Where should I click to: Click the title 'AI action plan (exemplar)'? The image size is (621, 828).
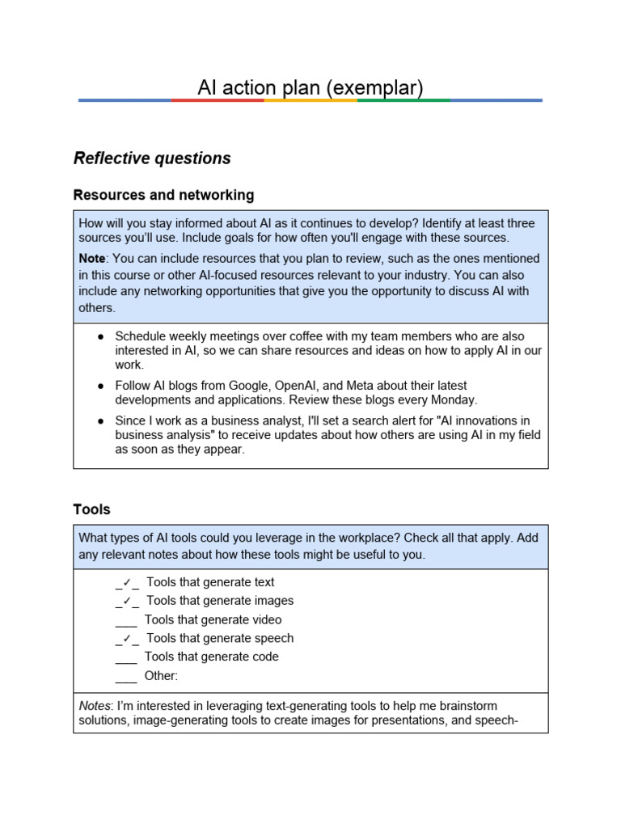310,87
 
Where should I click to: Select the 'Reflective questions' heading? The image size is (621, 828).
152,158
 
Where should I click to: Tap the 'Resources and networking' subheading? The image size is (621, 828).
163,195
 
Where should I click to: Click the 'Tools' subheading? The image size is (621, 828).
91,509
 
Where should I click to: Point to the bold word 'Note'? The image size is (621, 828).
91,258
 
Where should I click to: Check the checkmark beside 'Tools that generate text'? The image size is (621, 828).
127,582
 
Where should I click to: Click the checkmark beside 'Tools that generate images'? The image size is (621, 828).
127,601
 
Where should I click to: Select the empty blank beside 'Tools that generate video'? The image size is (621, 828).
126,621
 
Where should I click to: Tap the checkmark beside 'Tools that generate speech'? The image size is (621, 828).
127,639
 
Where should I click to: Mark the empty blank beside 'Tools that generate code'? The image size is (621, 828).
126,658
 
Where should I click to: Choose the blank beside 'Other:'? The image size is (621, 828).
126,677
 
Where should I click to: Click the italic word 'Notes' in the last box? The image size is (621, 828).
95,705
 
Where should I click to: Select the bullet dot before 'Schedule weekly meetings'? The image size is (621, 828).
100,336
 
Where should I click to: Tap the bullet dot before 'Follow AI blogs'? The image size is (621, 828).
100,387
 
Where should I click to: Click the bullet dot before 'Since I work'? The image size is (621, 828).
100,421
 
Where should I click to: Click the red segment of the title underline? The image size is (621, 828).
218,100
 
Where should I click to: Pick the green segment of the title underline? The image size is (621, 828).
403,100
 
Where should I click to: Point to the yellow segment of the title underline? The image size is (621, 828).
310,100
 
